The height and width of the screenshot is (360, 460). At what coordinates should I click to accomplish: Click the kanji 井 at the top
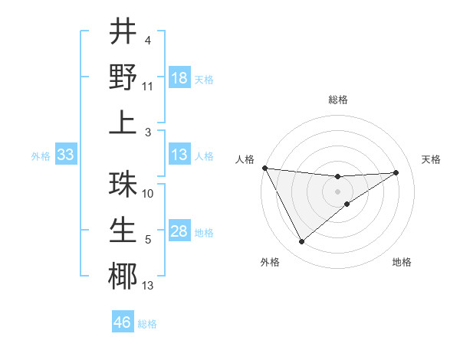[x=122, y=31]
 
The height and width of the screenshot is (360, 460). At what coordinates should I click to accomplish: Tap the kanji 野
[x=122, y=77]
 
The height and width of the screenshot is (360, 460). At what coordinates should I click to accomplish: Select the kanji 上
[x=122, y=122]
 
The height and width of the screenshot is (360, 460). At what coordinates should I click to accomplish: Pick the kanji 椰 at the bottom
[x=122, y=276]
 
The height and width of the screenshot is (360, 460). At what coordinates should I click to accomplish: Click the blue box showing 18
[x=179, y=78]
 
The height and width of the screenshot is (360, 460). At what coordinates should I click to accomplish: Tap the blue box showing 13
[x=179, y=155]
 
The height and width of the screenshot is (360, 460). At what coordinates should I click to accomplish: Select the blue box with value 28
[x=179, y=232]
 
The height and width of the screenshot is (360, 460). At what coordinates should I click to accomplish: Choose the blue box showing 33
[x=66, y=155]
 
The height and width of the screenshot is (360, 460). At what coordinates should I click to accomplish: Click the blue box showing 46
[x=123, y=322]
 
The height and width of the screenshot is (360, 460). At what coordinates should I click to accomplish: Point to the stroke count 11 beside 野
[x=148, y=87]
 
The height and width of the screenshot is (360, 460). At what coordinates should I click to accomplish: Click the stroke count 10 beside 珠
[x=148, y=194]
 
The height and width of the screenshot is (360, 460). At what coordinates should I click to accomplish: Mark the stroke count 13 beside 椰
[x=148, y=286]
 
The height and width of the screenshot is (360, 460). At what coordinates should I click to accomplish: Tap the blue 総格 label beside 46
[x=147, y=324]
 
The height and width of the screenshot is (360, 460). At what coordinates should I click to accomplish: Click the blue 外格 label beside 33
[x=41, y=156]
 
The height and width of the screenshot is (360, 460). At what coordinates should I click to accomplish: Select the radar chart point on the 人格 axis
[x=264, y=168]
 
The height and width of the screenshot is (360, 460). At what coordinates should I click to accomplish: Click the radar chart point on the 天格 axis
[x=396, y=172]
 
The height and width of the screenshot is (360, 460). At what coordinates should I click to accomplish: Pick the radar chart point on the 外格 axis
[x=301, y=242]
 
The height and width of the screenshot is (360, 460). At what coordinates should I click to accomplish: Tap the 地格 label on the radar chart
[x=402, y=262]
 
